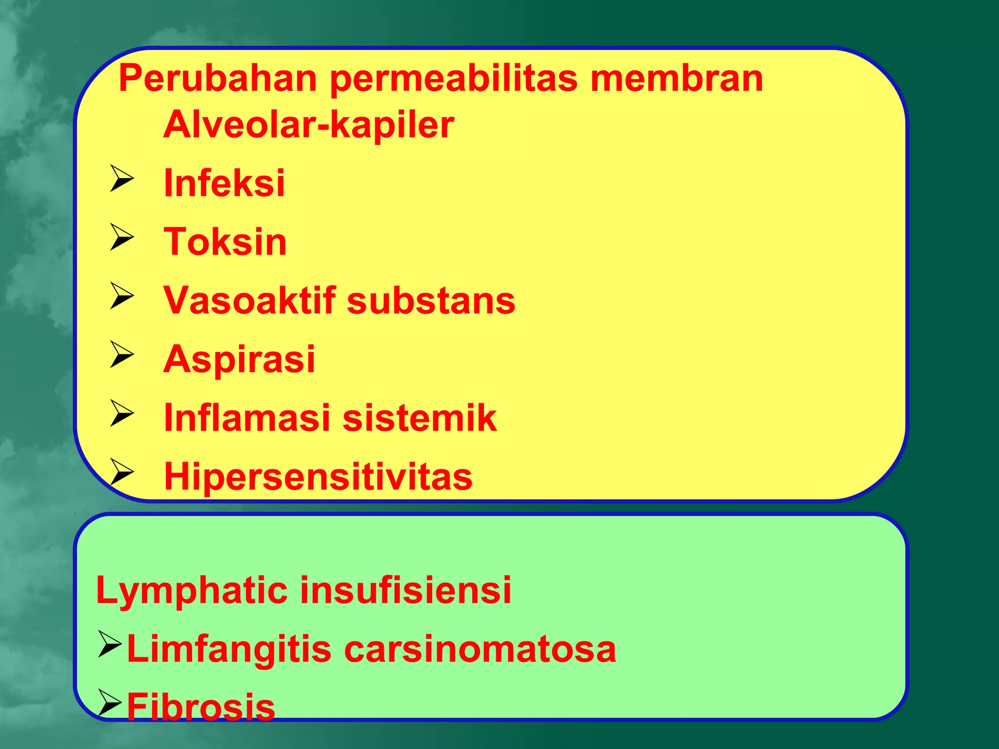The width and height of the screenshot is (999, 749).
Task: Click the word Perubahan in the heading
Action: coord(218,79)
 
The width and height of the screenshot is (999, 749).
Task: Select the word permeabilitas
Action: coord(454,79)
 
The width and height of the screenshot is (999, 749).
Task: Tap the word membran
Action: coord(677,79)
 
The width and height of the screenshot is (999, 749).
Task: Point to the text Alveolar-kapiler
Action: coord(309,125)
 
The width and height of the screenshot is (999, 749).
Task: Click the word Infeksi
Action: coord(224,183)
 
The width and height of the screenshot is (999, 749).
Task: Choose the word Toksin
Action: coord(225,242)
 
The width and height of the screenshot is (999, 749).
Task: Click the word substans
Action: coord(431,301)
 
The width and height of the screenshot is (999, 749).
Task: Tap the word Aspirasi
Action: coord(240,359)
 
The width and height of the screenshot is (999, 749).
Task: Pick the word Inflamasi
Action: coord(247,418)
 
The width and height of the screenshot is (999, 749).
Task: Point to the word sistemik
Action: coord(420,418)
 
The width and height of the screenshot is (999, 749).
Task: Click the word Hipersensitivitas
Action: coord(318,476)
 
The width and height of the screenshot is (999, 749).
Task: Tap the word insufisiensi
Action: coord(405,590)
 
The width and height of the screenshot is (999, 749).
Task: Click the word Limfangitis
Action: coord(229,650)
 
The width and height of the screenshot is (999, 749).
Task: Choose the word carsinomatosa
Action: coord(480,650)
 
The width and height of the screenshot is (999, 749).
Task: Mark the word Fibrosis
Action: coord(201,707)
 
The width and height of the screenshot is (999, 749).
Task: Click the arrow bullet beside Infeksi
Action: coord(121,178)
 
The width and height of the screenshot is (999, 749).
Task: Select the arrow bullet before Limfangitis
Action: coord(109,644)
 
